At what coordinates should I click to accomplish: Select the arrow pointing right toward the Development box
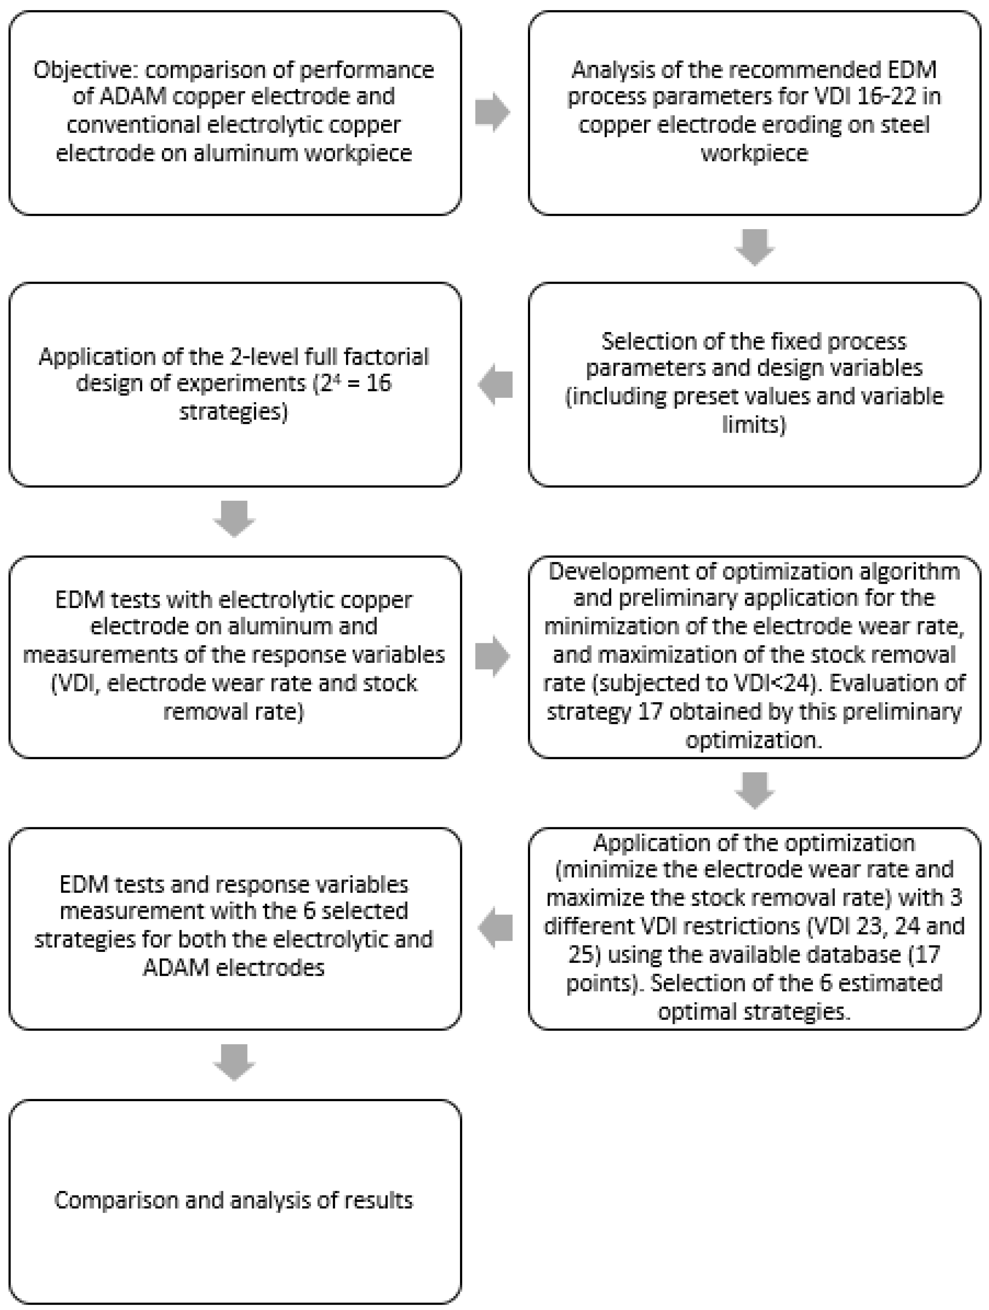tap(493, 656)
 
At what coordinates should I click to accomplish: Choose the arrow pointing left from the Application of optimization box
tap(495, 928)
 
